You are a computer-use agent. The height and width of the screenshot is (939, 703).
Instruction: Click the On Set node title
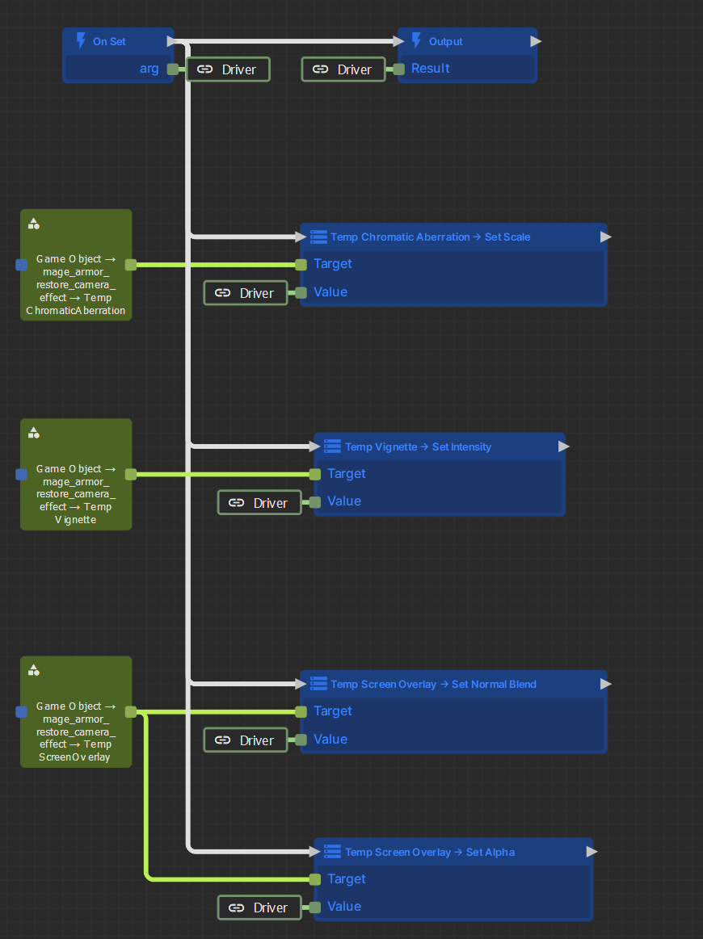click(x=109, y=41)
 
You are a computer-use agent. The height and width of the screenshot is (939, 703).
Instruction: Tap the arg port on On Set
click(x=173, y=69)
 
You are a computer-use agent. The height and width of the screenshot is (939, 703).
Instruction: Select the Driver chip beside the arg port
click(x=229, y=69)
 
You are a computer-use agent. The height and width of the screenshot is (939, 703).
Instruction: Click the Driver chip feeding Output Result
click(x=343, y=69)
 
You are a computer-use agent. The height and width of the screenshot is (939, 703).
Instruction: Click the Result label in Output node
click(x=431, y=69)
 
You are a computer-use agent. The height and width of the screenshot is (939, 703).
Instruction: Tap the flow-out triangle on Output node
click(x=536, y=40)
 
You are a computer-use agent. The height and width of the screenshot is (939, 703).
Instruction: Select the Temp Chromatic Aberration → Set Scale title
click(x=431, y=237)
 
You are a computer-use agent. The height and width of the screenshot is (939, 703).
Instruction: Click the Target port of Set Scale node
click(x=301, y=264)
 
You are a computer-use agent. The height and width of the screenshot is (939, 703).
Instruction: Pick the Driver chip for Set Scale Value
click(x=246, y=293)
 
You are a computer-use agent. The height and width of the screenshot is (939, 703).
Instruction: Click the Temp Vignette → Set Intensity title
click(x=419, y=446)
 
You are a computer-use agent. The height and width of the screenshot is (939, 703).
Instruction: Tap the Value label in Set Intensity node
click(x=344, y=501)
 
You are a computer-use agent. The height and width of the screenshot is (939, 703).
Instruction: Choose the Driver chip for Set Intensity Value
click(x=259, y=502)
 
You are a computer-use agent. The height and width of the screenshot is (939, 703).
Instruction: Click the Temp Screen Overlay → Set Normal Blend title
click(x=433, y=685)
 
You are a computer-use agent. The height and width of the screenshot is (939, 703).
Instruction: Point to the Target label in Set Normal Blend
click(x=333, y=711)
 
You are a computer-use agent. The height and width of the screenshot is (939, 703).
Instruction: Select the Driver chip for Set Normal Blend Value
click(x=246, y=740)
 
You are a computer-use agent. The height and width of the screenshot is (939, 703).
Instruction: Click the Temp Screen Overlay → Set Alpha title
click(x=430, y=852)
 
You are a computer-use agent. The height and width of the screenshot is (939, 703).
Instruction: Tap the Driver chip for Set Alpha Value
click(x=259, y=908)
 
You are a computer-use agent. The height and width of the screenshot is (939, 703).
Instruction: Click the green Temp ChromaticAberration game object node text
click(x=75, y=284)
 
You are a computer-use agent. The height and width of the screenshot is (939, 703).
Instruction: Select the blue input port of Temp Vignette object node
click(x=22, y=474)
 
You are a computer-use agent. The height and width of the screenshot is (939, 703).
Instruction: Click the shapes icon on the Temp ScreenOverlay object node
click(x=34, y=670)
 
